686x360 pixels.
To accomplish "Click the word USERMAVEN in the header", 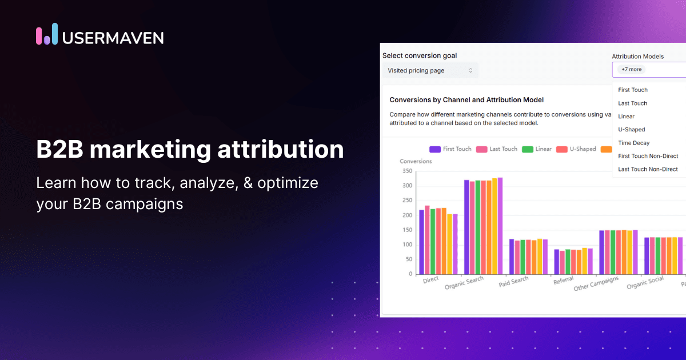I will [113, 37].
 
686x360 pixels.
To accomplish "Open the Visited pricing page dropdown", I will [430, 70].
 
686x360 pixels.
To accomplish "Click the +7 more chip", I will [632, 69].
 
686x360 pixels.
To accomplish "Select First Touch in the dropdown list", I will [633, 90].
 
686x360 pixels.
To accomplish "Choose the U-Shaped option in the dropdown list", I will [632, 130].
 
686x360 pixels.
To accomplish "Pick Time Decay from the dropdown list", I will [633, 143].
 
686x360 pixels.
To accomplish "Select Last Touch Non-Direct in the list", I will [648, 169].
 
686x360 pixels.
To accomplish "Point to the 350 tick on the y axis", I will [407, 171].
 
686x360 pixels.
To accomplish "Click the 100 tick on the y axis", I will [407, 245].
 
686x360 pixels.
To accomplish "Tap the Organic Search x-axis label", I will [464, 283].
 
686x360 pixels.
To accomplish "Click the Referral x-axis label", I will [563, 281].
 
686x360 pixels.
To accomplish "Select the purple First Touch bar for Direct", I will [421, 242].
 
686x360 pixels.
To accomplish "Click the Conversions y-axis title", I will [416, 161].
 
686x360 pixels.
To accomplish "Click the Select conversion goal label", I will [420, 55].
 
